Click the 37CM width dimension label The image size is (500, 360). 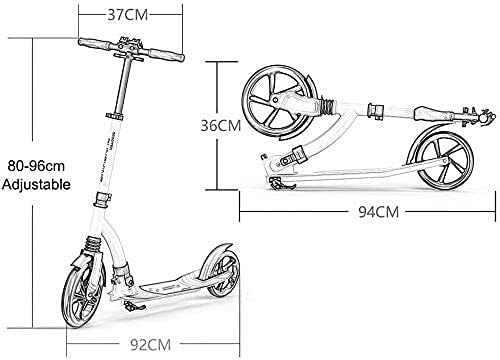tap(128, 15)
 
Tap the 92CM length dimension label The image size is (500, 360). tap(150, 345)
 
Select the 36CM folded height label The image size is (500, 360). tap(221, 126)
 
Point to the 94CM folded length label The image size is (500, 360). tap(379, 212)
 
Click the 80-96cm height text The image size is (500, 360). tap(36, 166)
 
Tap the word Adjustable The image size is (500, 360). tap(36, 184)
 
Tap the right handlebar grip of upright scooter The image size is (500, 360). tap(166, 55)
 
